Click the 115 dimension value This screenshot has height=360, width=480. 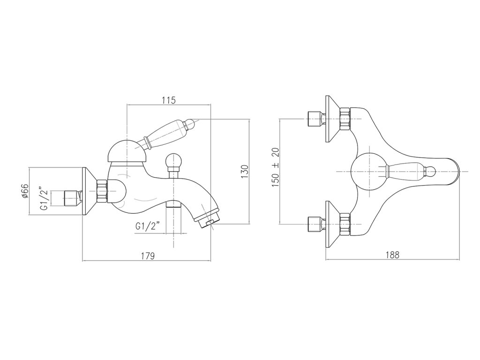pyautogui.click(x=169, y=100)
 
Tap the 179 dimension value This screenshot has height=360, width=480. pyautogui.click(x=148, y=255)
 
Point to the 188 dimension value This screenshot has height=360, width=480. pyautogui.click(x=392, y=255)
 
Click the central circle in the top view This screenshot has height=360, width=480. pyautogui.click(x=369, y=172)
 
